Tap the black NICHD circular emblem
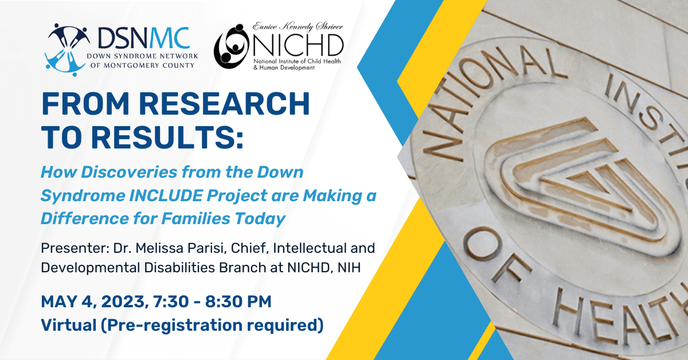point(232,46)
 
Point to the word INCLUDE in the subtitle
point(166,195)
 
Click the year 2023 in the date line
point(123,302)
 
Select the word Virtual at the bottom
point(69,325)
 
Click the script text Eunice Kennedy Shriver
point(298,27)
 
